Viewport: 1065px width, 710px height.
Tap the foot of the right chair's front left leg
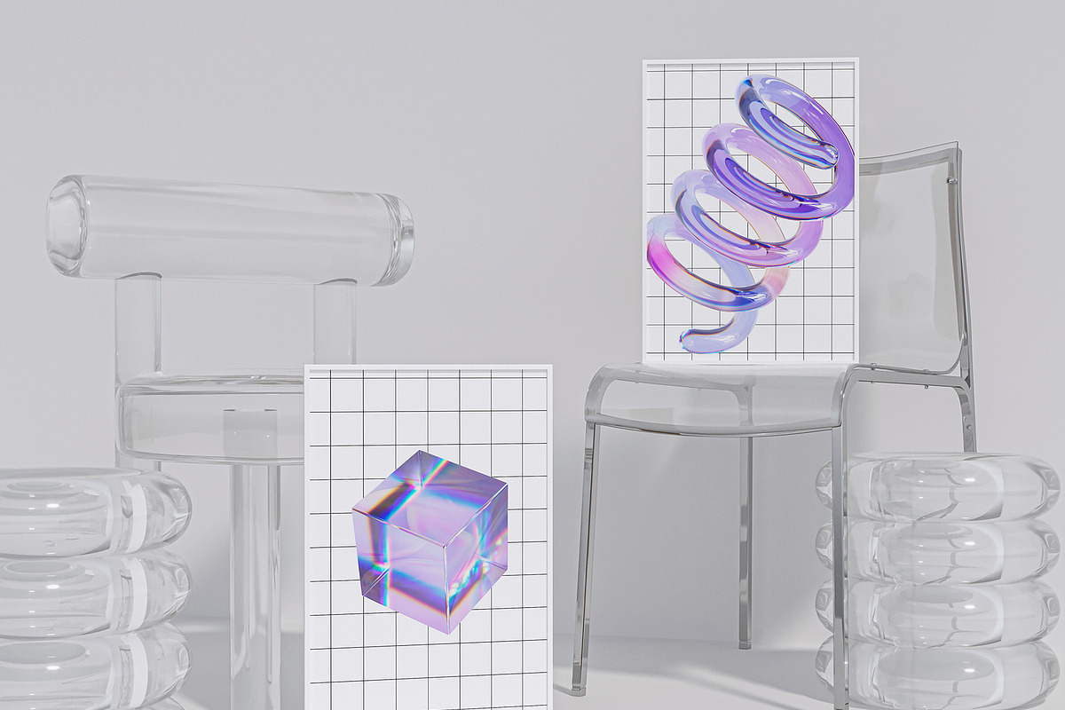click(x=580, y=685)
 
